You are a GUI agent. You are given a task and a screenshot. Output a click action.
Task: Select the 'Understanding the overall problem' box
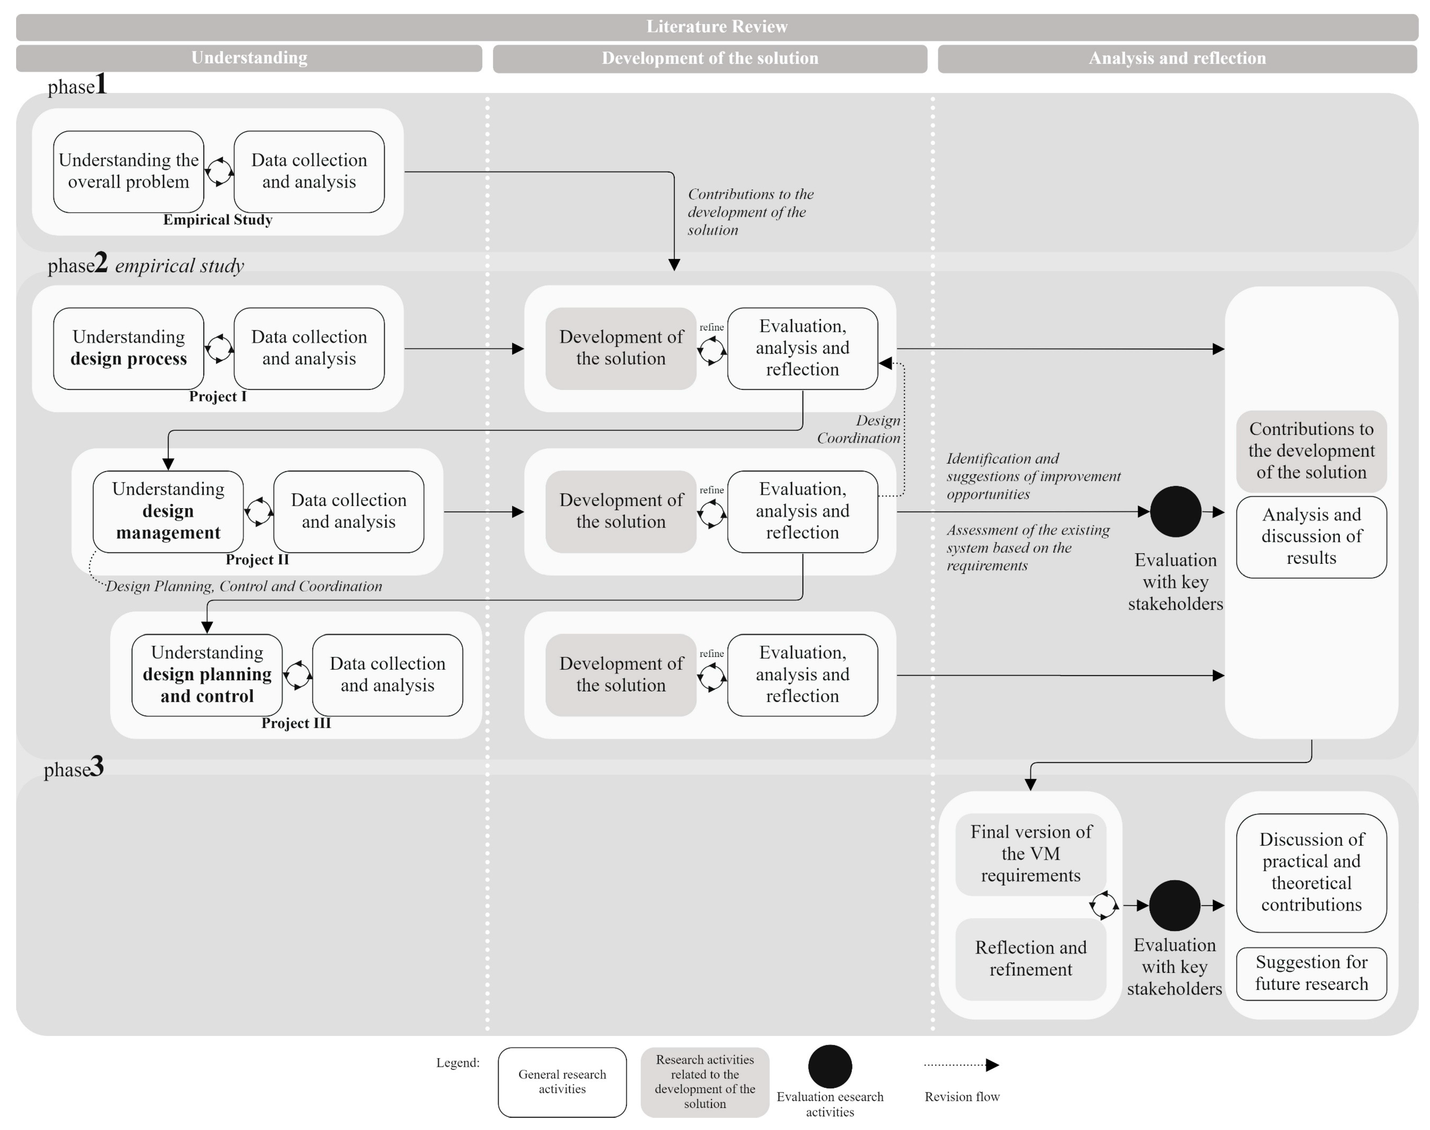(128, 171)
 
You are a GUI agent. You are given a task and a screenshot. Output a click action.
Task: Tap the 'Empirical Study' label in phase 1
(218, 220)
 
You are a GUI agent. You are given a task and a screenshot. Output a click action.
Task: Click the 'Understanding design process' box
(128, 348)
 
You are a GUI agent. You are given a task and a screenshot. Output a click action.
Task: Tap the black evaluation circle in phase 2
(1175, 512)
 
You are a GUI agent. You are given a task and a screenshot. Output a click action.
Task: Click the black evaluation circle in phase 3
(1174, 905)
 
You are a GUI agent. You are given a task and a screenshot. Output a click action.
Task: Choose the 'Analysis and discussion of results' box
(1311, 537)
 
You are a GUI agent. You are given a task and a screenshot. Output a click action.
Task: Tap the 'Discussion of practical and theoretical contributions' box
(1311, 872)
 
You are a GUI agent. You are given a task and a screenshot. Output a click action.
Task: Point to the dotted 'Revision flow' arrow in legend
(961, 1065)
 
